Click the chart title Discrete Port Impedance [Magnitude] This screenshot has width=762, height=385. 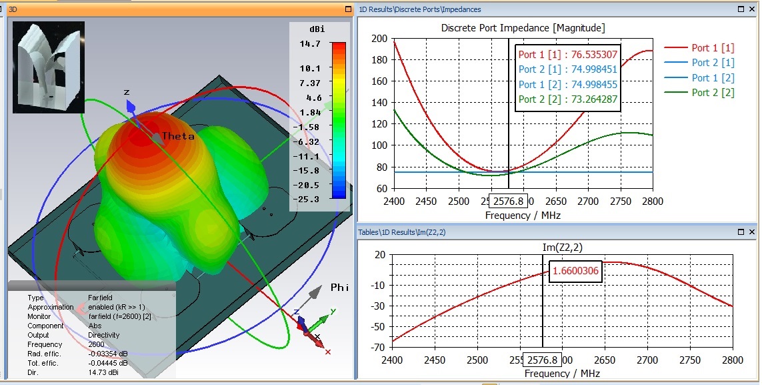(523, 28)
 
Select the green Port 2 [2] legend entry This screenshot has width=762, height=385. (713, 93)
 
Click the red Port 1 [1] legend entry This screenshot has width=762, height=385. (713, 48)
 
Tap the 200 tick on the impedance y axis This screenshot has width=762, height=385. (379, 38)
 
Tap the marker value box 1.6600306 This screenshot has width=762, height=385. (575, 272)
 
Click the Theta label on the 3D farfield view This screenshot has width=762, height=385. (178, 136)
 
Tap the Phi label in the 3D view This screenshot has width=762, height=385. (339, 288)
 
